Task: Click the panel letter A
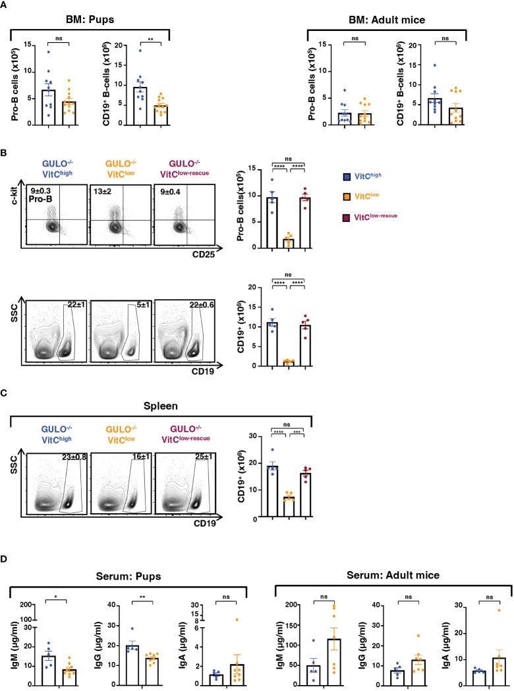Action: click(x=5, y=5)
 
